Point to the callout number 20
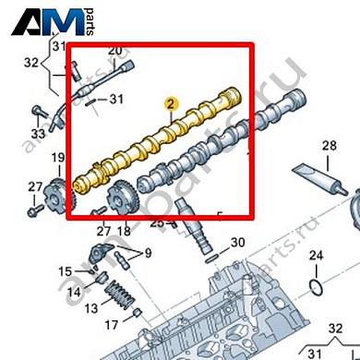point(115,51)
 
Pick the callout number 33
point(37,135)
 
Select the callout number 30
point(237,243)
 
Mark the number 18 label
point(126,230)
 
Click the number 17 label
point(109,324)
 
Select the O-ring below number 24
point(316,289)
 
